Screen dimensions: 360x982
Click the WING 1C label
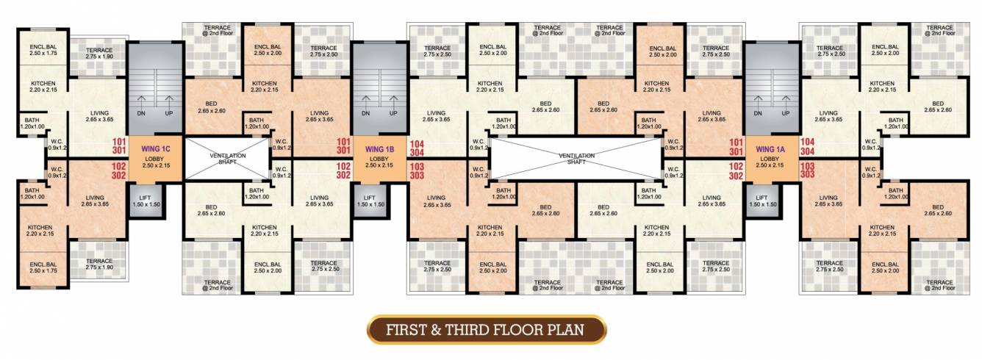point(155,149)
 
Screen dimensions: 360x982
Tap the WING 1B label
point(380,149)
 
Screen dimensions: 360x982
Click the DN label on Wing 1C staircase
point(140,114)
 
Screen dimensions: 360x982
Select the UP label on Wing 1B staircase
point(394,114)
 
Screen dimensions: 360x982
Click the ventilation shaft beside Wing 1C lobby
point(228,158)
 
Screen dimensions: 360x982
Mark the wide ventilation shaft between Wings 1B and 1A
point(576,158)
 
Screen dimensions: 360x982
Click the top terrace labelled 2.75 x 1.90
point(98,53)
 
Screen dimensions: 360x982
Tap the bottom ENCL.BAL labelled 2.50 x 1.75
point(43,267)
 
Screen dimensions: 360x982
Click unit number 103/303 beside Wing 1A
point(808,172)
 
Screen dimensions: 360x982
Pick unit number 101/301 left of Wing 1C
point(119,146)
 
